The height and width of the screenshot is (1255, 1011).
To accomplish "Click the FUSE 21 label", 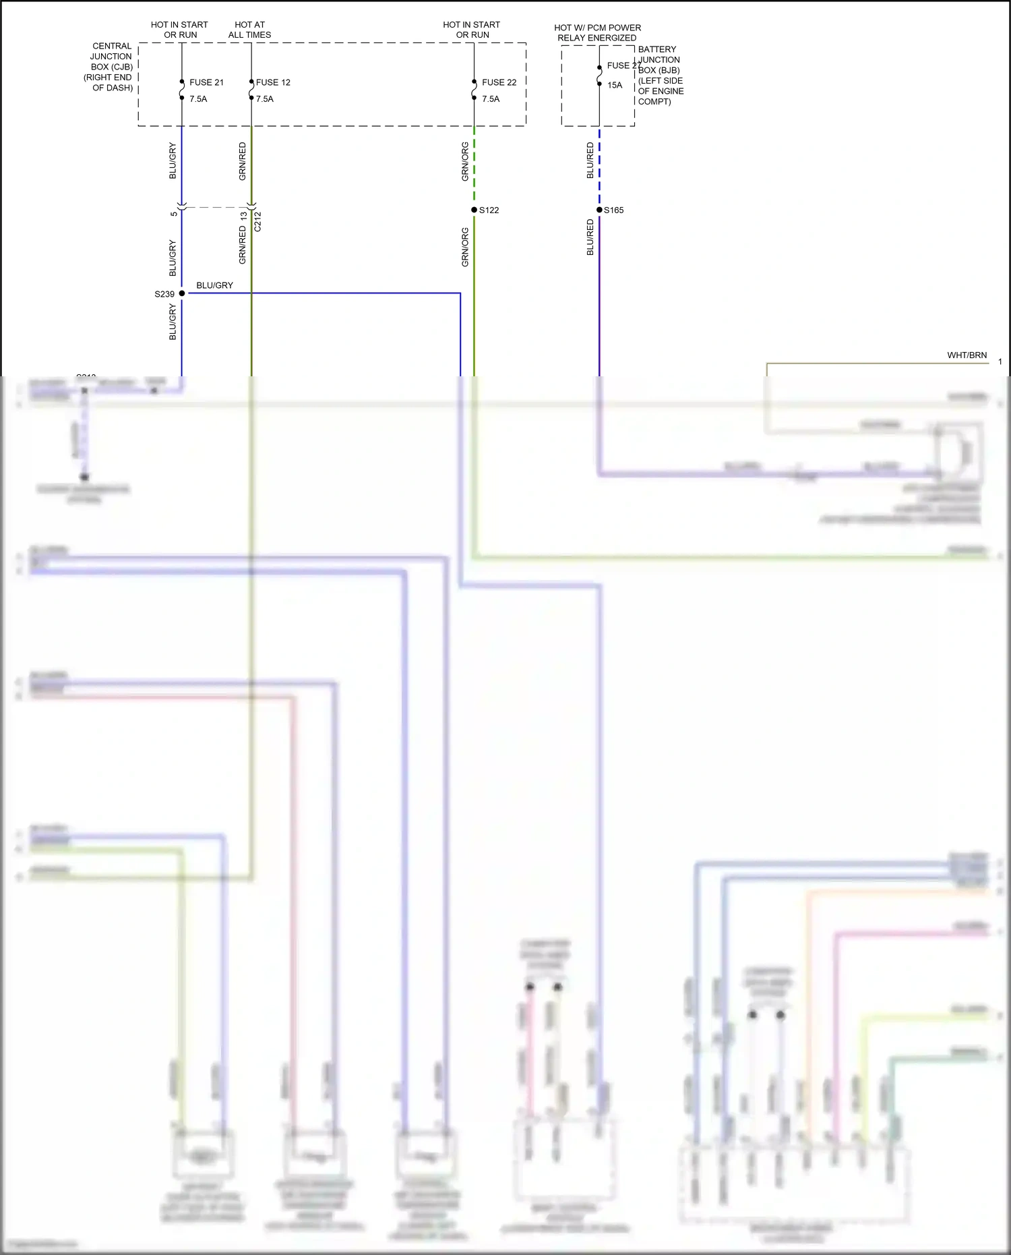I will point(206,82).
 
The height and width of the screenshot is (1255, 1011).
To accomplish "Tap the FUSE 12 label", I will point(273,82).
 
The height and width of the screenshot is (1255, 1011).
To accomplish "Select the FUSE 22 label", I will point(499,82).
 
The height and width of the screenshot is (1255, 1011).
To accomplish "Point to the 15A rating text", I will point(615,85).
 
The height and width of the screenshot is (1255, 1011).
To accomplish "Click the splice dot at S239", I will point(182,293).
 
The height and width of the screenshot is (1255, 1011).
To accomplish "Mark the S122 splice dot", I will point(474,210).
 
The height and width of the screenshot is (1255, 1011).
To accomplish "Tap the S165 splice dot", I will point(599,210).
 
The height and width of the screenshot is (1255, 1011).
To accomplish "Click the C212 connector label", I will point(257,222).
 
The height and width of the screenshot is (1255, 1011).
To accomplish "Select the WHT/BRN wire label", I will point(967,355).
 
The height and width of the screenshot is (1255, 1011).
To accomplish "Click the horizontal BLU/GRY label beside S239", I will point(214,285).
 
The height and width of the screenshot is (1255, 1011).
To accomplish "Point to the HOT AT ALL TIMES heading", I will point(249,30).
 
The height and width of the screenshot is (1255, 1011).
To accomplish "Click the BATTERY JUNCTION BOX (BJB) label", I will point(661,75).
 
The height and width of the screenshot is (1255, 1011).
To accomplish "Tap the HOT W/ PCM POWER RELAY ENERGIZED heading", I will point(597,32).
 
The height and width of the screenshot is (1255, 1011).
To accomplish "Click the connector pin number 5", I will point(174,214).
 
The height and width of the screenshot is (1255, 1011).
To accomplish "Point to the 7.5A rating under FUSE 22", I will point(491,99).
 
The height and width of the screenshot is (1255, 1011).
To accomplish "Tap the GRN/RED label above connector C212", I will point(243,161).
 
